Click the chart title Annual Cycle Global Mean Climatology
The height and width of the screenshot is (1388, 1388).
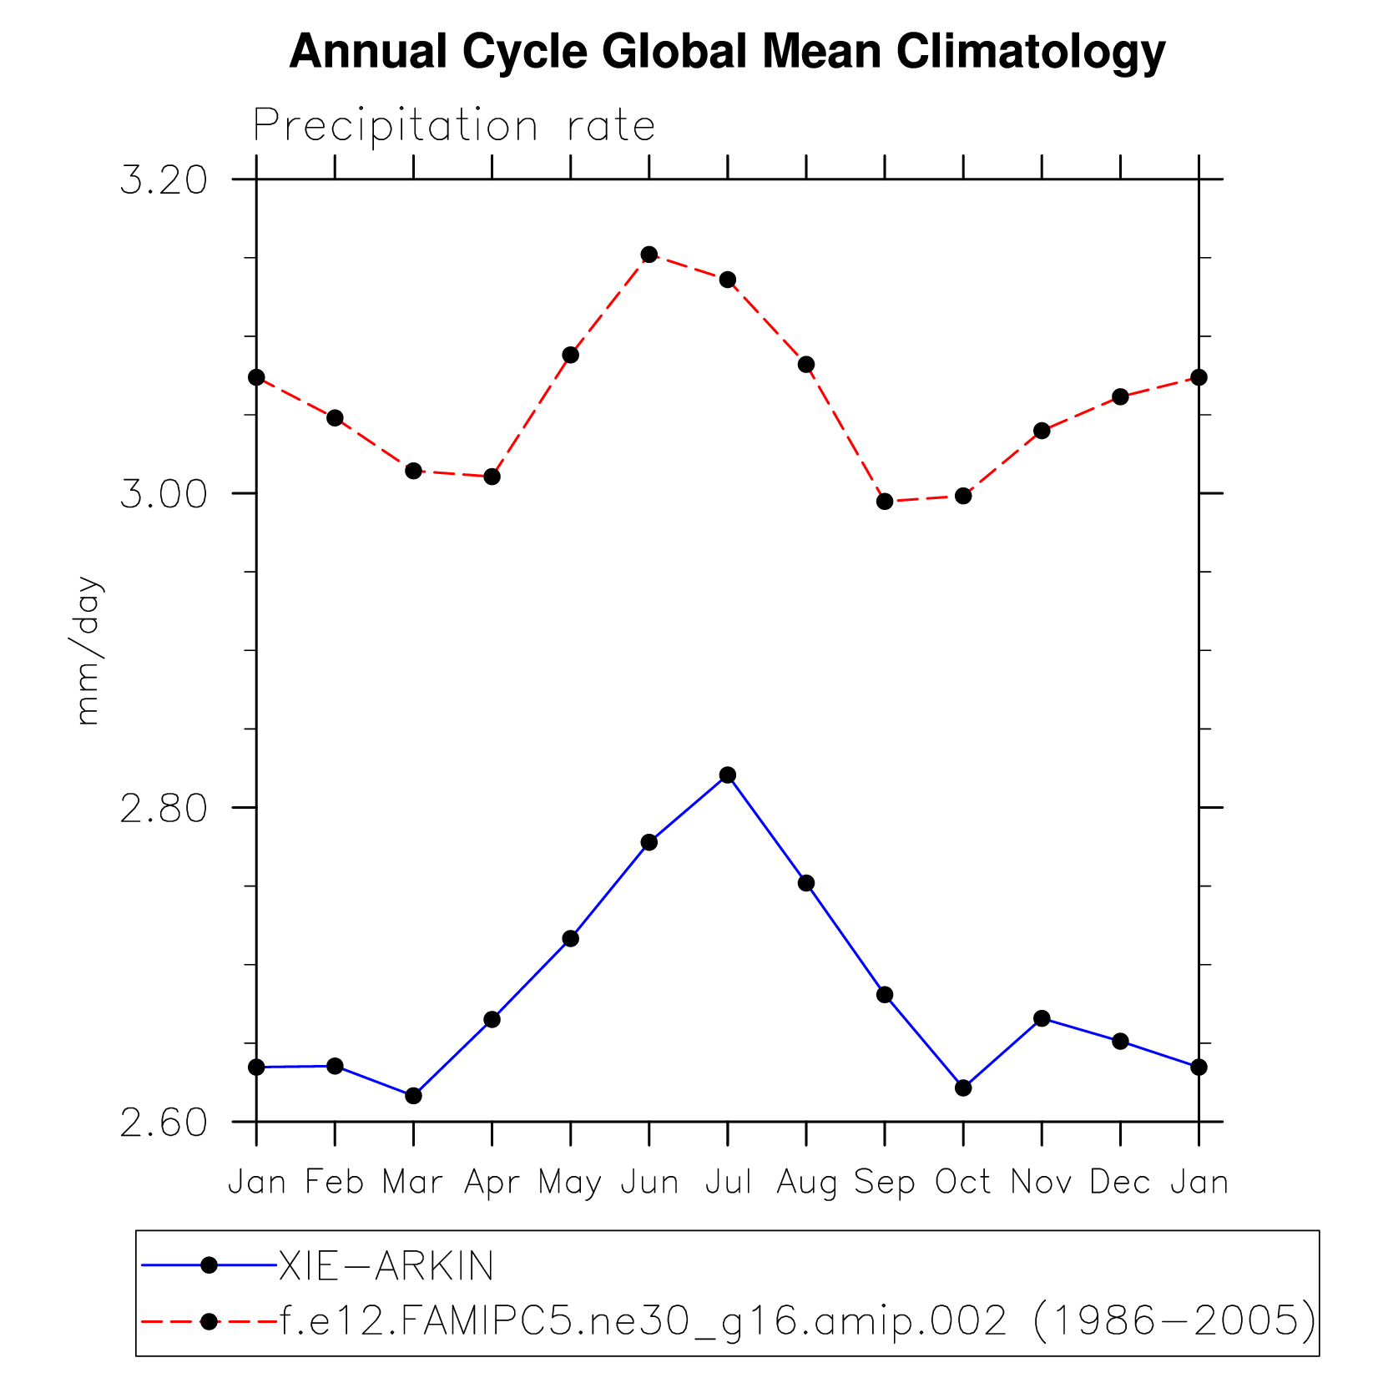(726, 52)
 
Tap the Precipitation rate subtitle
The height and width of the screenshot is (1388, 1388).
(454, 126)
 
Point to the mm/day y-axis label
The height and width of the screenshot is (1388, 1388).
(88, 650)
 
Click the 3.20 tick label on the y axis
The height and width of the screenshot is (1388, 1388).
(164, 180)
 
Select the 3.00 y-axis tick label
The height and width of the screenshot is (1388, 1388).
(164, 494)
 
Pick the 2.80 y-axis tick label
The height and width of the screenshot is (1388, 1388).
(164, 809)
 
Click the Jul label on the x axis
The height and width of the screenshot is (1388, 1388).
(728, 1183)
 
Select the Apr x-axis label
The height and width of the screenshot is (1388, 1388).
(492, 1183)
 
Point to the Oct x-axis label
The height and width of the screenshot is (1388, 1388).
(963, 1183)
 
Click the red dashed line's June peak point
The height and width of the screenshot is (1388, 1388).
(649, 255)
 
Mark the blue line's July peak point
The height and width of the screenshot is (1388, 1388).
(728, 775)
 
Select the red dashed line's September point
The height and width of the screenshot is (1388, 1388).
(885, 502)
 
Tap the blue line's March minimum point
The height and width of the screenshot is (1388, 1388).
(413, 1096)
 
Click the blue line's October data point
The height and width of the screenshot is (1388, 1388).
(963, 1088)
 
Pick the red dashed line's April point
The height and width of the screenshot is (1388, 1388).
(492, 477)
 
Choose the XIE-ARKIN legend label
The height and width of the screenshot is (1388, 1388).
(386, 1266)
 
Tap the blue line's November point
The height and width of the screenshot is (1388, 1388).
(1042, 1018)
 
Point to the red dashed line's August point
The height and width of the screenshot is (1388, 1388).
(806, 365)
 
